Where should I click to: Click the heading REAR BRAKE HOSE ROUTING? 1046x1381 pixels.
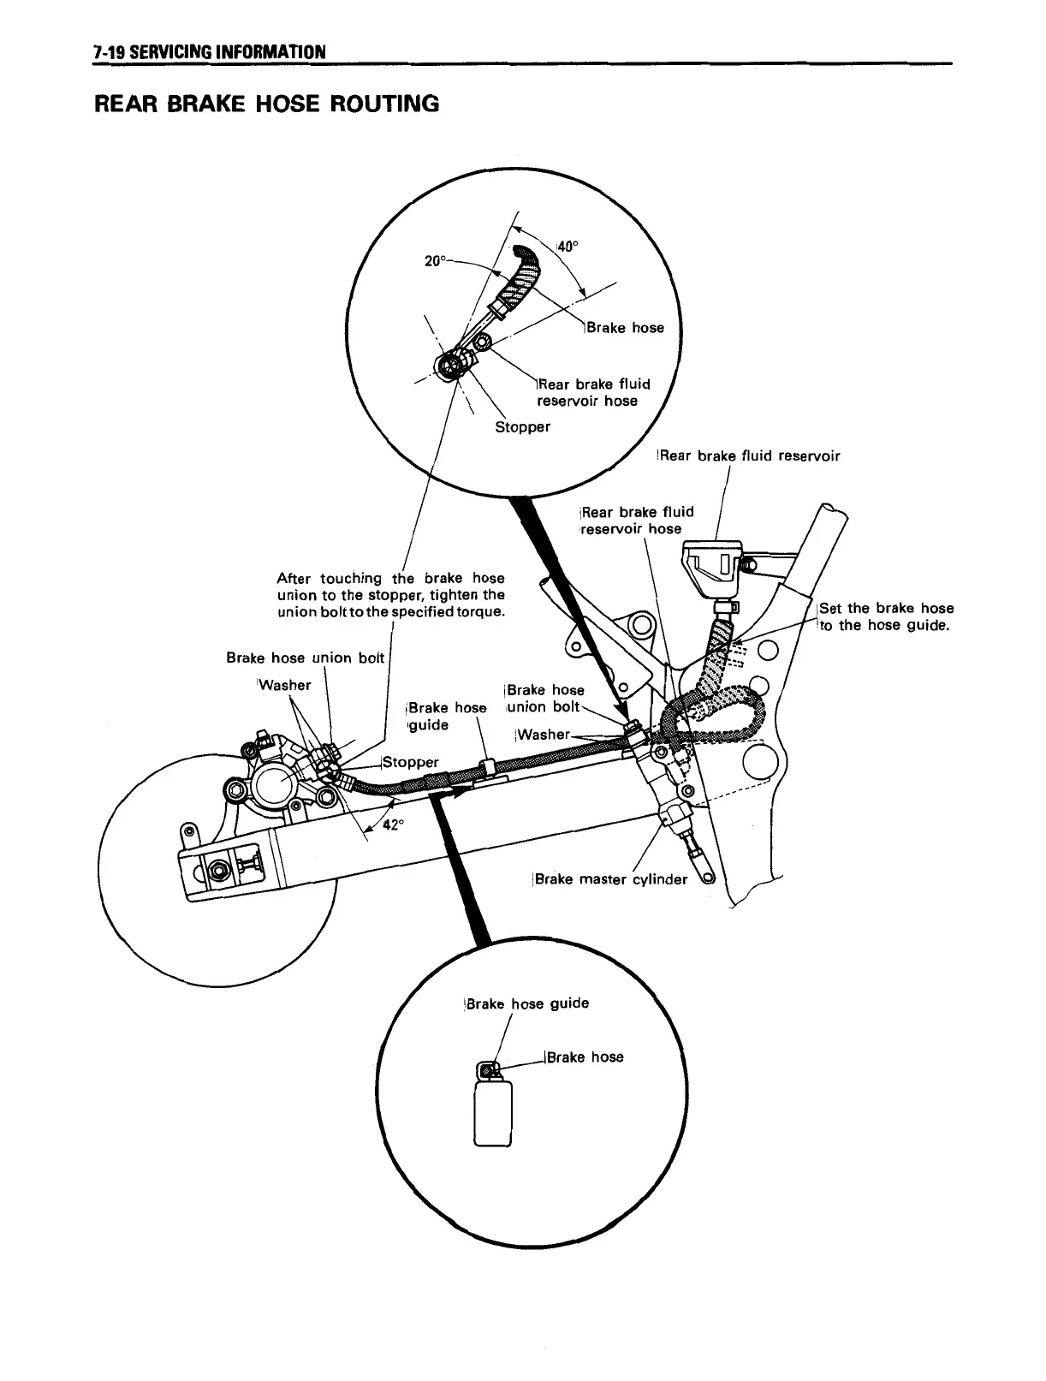pyautogui.click(x=266, y=104)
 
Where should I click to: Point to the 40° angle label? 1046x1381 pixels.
pyautogui.click(x=568, y=247)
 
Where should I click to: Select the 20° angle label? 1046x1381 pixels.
pyautogui.click(x=436, y=259)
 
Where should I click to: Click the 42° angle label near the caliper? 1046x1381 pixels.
pyautogui.click(x=391, y=824)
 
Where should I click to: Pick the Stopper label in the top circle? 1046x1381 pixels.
pyautogui.click(x=522, y=426)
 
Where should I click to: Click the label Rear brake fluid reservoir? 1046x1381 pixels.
pyautogui.click(x=748, y=455)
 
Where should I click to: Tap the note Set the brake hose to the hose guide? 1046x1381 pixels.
pyautogui.click(x=886, y=616)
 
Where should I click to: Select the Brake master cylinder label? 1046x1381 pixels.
pyautogui.click(x=610, y=878)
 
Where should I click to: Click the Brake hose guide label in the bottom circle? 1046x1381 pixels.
pyautogui.click(x=526, y=1003)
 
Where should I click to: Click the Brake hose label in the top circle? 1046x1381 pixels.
pyautogui.click(x=625, y=327)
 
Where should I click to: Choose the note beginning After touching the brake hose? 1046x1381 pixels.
pyautogui.click(x=391, y=595)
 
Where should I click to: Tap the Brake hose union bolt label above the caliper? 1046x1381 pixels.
pyautogui.click(x=306, y=658)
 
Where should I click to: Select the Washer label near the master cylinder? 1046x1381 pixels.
pyautogui.click(x=543, y=734)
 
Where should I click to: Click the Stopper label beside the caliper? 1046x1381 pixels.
pyautogui.click(x=411, y=762)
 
